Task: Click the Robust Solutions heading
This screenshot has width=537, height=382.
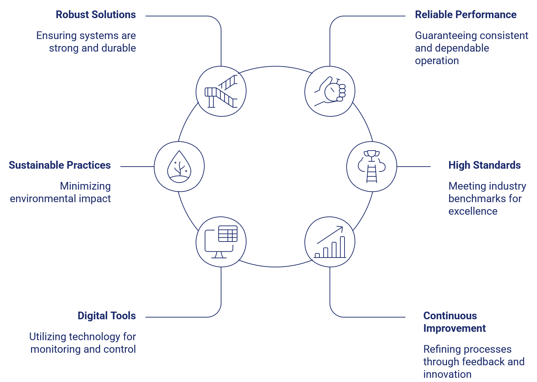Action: [x=96, y=15]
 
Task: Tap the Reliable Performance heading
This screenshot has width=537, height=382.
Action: [x=466, y=15]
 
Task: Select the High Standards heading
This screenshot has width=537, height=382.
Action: [x=484, y=165]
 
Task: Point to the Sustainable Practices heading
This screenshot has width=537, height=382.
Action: [x=60, y=165]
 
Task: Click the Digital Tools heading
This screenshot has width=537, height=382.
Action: [x=107, y=316]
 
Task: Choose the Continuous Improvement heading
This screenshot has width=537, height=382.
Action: [x=454, y=322]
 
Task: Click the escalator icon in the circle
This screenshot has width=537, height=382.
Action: [x=221, y=91]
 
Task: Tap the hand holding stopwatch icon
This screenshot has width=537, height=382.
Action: [x=330, y=91]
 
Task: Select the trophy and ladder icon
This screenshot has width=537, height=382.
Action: [x=372, y=167]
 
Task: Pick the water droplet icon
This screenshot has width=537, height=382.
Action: [x=179, y=167]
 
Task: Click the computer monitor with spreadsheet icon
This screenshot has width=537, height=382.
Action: [x=221, y=242]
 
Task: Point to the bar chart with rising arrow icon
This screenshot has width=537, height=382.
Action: [x=330, y=242]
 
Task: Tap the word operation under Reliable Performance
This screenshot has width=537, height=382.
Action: [x=437, y=61]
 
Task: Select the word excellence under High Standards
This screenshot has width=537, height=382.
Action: [x=472, y=211]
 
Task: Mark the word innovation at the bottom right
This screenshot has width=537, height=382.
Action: [x=447, y=374]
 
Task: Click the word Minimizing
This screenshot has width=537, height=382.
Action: [x=85, y=186]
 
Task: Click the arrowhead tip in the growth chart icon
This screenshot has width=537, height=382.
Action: [x=342, y=228]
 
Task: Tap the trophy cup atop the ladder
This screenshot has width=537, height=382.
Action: [x=372, y=154]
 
